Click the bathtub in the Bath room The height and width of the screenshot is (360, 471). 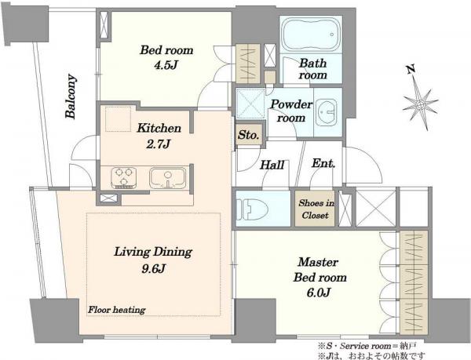click(x=311, y=35)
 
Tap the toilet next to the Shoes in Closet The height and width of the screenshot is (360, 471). click(x=252, y=208)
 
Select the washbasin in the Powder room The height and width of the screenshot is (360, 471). click(x=327, y=112)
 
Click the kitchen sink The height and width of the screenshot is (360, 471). click(x=168, y=178)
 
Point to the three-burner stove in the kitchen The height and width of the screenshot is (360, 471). click(x=123, y=177)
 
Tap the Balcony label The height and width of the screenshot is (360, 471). click(x=71, y=96)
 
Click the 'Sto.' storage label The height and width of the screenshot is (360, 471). click(x=248, y=135)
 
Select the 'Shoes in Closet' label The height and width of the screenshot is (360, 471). click(x=316, y=209)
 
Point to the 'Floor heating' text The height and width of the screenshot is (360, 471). click(x=116, y=310)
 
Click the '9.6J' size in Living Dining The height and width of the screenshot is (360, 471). click(x=154, y=268)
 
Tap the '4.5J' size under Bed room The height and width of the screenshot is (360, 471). click(x=165, y=65)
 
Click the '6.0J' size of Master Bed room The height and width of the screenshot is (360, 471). click(x=319, y=293)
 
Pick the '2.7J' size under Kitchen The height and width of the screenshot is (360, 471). click(x=158, y=144)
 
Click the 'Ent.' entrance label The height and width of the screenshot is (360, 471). click(x=323, y=163)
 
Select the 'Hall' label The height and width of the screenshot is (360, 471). click(x=272, y=165)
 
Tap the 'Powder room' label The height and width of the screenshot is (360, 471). click(x=291, y=111)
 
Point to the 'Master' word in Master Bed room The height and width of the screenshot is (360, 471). click(x=318, y=262)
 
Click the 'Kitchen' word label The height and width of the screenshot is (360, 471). click(x=159, y=129)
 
